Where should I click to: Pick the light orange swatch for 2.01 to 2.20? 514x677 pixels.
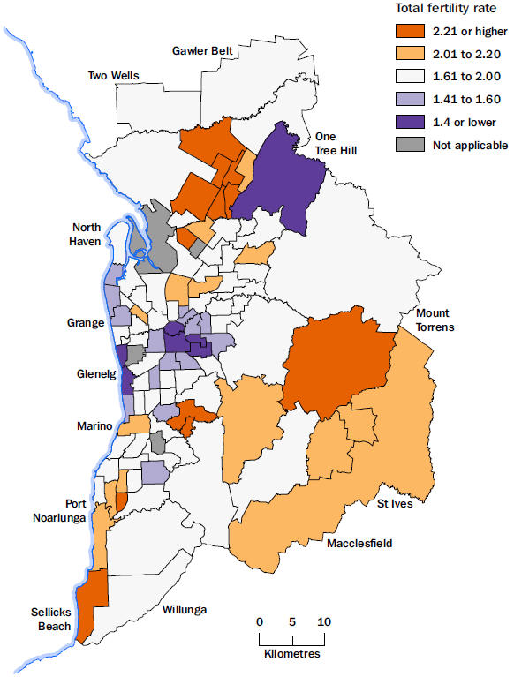click(410, 53)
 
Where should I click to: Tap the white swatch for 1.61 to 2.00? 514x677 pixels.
click(410, 76)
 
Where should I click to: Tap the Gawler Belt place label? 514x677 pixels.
click(202, 50)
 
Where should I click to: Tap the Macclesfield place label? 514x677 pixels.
click(359, 542)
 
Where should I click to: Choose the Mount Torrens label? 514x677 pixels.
click(433, 320)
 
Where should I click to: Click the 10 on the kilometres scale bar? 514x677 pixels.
click(324, 621)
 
